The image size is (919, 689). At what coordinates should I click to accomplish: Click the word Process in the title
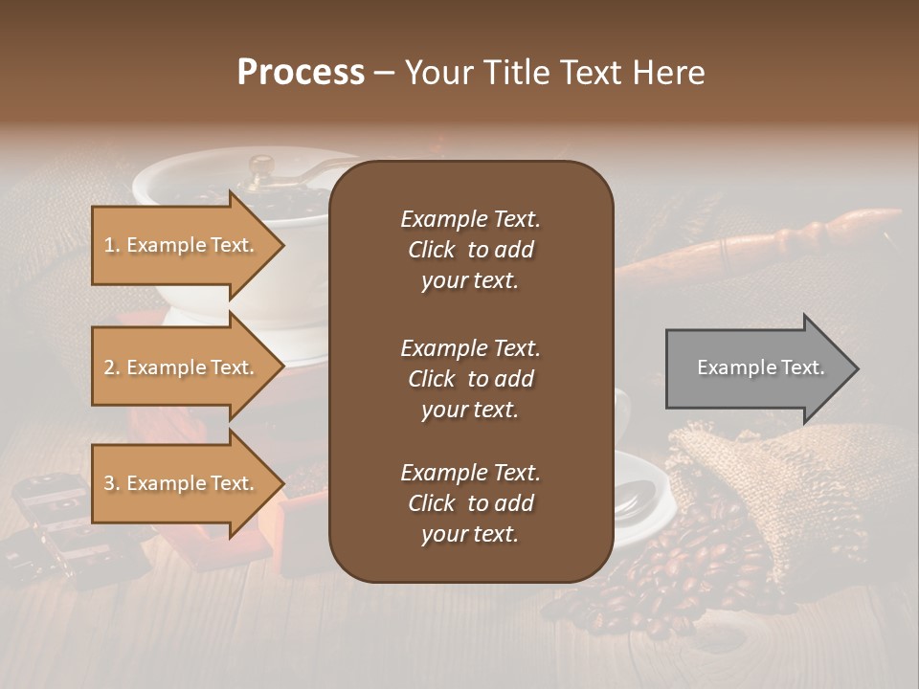coord(301,73)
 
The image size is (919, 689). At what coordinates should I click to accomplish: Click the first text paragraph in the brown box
coord(470,250)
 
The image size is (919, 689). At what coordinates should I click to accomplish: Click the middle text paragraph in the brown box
coord(470,379)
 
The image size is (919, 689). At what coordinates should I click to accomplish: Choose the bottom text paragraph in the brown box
coord(470,503)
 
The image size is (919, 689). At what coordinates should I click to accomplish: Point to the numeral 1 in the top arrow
coord(109,246)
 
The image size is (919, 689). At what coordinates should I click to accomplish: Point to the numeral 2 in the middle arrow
coord(109,368)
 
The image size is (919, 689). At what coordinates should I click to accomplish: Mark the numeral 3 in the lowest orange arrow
coord(109,484)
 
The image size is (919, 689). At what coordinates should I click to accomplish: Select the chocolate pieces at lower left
coord(57,526)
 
